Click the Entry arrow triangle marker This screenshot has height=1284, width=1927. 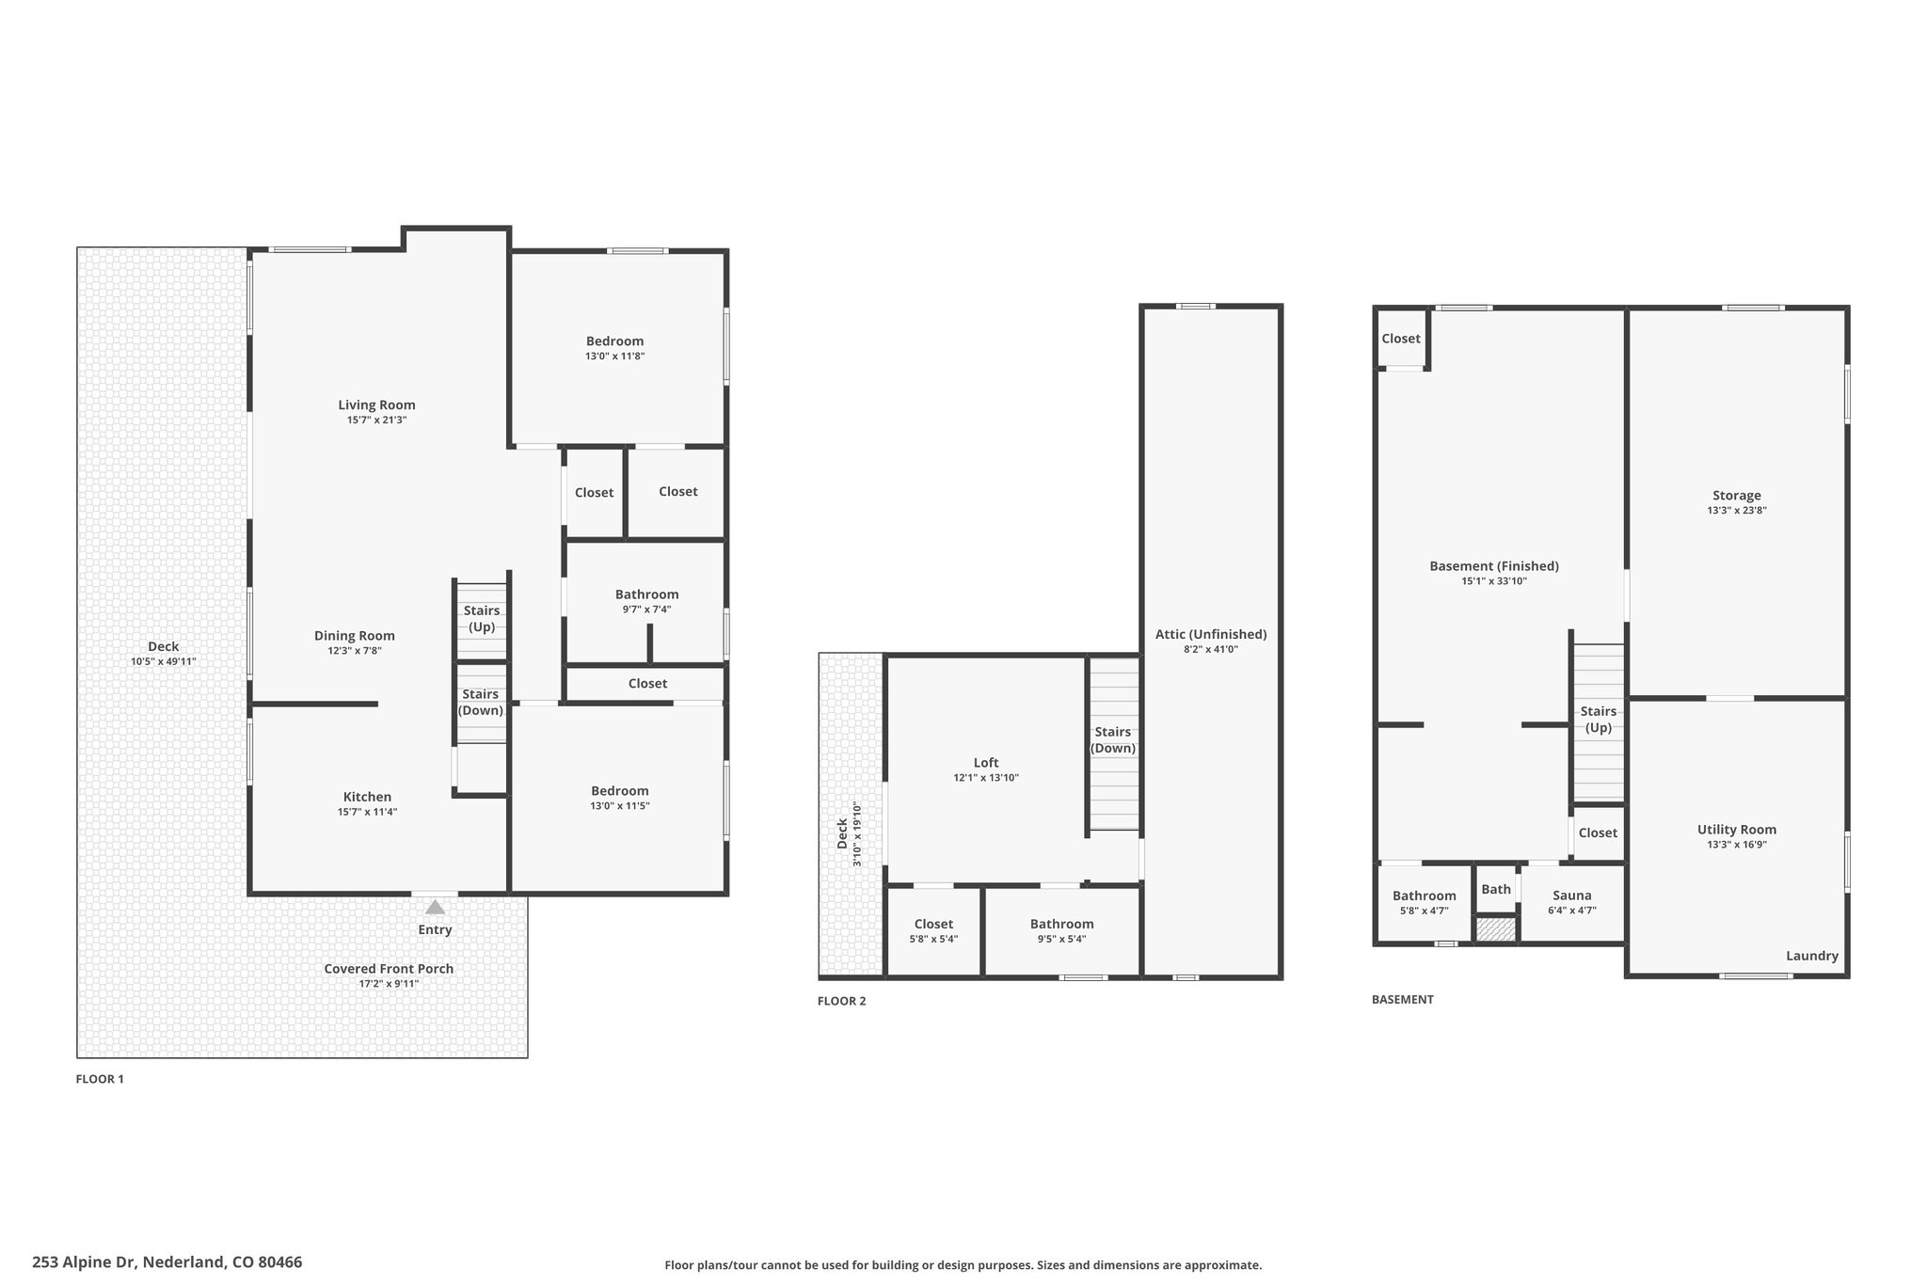point(435,907)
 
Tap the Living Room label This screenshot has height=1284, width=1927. point(376,405)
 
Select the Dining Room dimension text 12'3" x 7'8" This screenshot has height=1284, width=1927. point(354,651)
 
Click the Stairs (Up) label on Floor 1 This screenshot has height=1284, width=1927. point(482,619)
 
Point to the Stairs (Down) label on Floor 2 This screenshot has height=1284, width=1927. point(1113,740)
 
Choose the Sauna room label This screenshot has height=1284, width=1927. point(1572,896)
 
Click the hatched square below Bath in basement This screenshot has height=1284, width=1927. point(1496,929)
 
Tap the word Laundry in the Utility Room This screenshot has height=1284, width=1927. point(1812,956)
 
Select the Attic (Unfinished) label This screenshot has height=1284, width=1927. point(1211,634)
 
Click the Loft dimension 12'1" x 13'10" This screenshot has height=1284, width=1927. point(986,778)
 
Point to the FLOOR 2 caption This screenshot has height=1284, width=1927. point(841,1001)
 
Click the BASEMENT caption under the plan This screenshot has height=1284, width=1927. point(1403,999)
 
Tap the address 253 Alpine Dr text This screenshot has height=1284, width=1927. point(86,1262)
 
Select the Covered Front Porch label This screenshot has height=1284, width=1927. point(389,969)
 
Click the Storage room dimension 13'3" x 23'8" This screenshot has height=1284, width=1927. point(1737,511)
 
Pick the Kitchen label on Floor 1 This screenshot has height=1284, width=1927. point(367,797)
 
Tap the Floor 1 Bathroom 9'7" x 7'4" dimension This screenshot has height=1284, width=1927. point(646,610)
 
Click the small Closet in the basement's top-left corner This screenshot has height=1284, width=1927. point(1401,339)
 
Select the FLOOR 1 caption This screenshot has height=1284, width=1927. point(100,1079)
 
